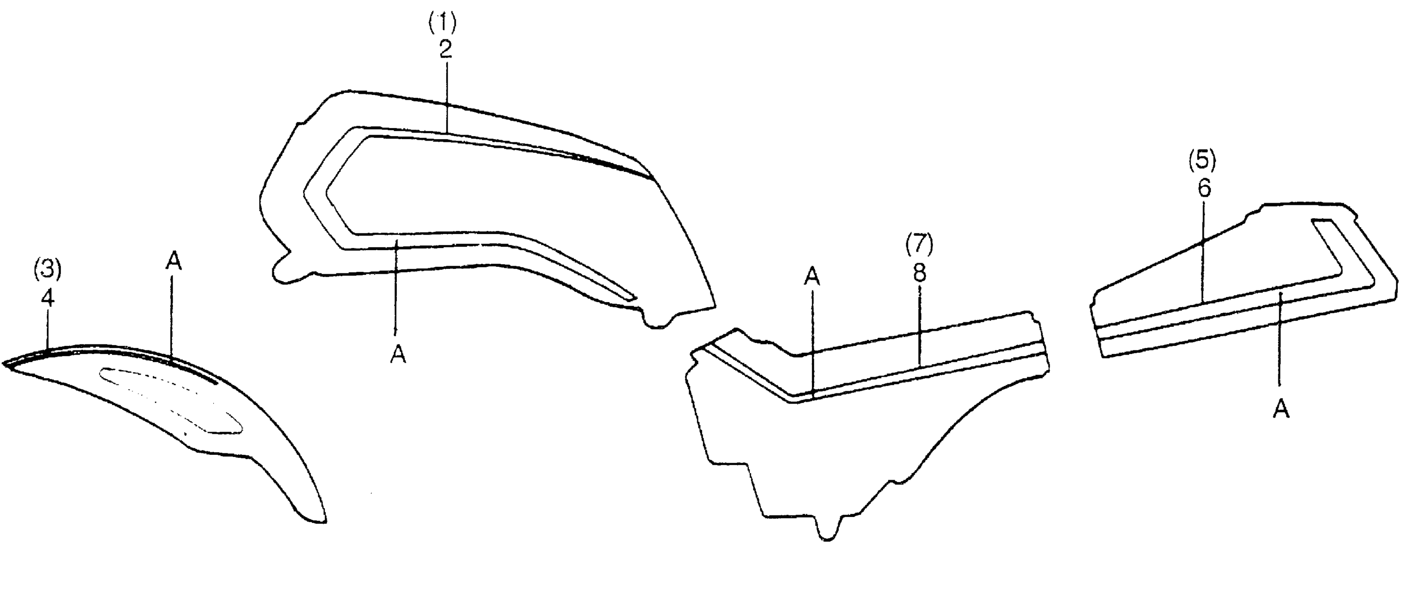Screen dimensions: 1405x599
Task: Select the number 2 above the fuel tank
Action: [x=446, y=50]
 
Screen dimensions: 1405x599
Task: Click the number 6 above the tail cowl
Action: [x=1204, y=189]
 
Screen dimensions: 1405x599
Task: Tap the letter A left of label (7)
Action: [x=811, y=277]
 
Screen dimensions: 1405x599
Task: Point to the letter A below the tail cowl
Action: [x=1281, y=409]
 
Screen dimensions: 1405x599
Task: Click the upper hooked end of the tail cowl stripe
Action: [x=1323, y=223]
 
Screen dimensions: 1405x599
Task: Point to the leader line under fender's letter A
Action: [x=172, y=316]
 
